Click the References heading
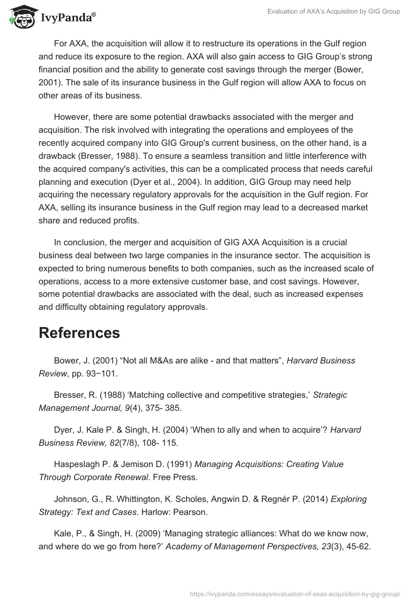79,333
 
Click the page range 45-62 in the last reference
360,547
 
